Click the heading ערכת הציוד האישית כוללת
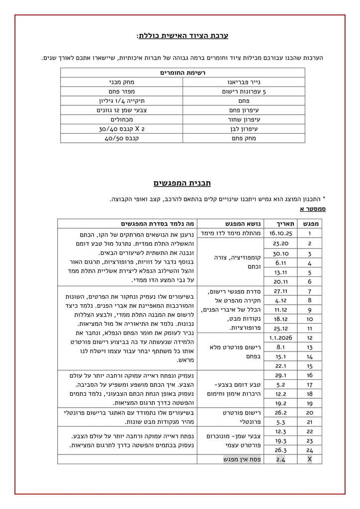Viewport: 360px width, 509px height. point(182,36)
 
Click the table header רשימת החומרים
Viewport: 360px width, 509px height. point(182,73)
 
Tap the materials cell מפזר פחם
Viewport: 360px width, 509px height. point(121,91)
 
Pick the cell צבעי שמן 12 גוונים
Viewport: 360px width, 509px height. point(121,110)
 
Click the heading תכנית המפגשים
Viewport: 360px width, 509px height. point(182,183)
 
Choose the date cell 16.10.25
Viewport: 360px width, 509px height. point(281,233)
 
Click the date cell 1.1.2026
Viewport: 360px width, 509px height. point(281,338)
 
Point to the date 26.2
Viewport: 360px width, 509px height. point(281,413)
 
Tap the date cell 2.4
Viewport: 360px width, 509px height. point(281,459)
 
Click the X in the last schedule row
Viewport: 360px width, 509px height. point(309,459)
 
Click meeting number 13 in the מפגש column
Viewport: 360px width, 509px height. point(309,347)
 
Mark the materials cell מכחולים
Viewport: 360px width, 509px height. point(121,119)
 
